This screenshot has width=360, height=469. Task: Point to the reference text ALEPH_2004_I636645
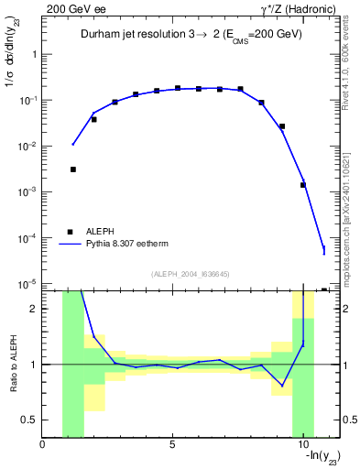(190, 273)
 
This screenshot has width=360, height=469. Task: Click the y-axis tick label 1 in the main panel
(35, 54)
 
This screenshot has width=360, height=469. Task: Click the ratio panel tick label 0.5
(30, 420)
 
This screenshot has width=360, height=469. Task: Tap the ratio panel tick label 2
(35, 309)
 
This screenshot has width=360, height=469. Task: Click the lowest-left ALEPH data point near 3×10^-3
(72, 169)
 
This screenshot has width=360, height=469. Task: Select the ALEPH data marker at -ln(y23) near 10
(302, 185)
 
